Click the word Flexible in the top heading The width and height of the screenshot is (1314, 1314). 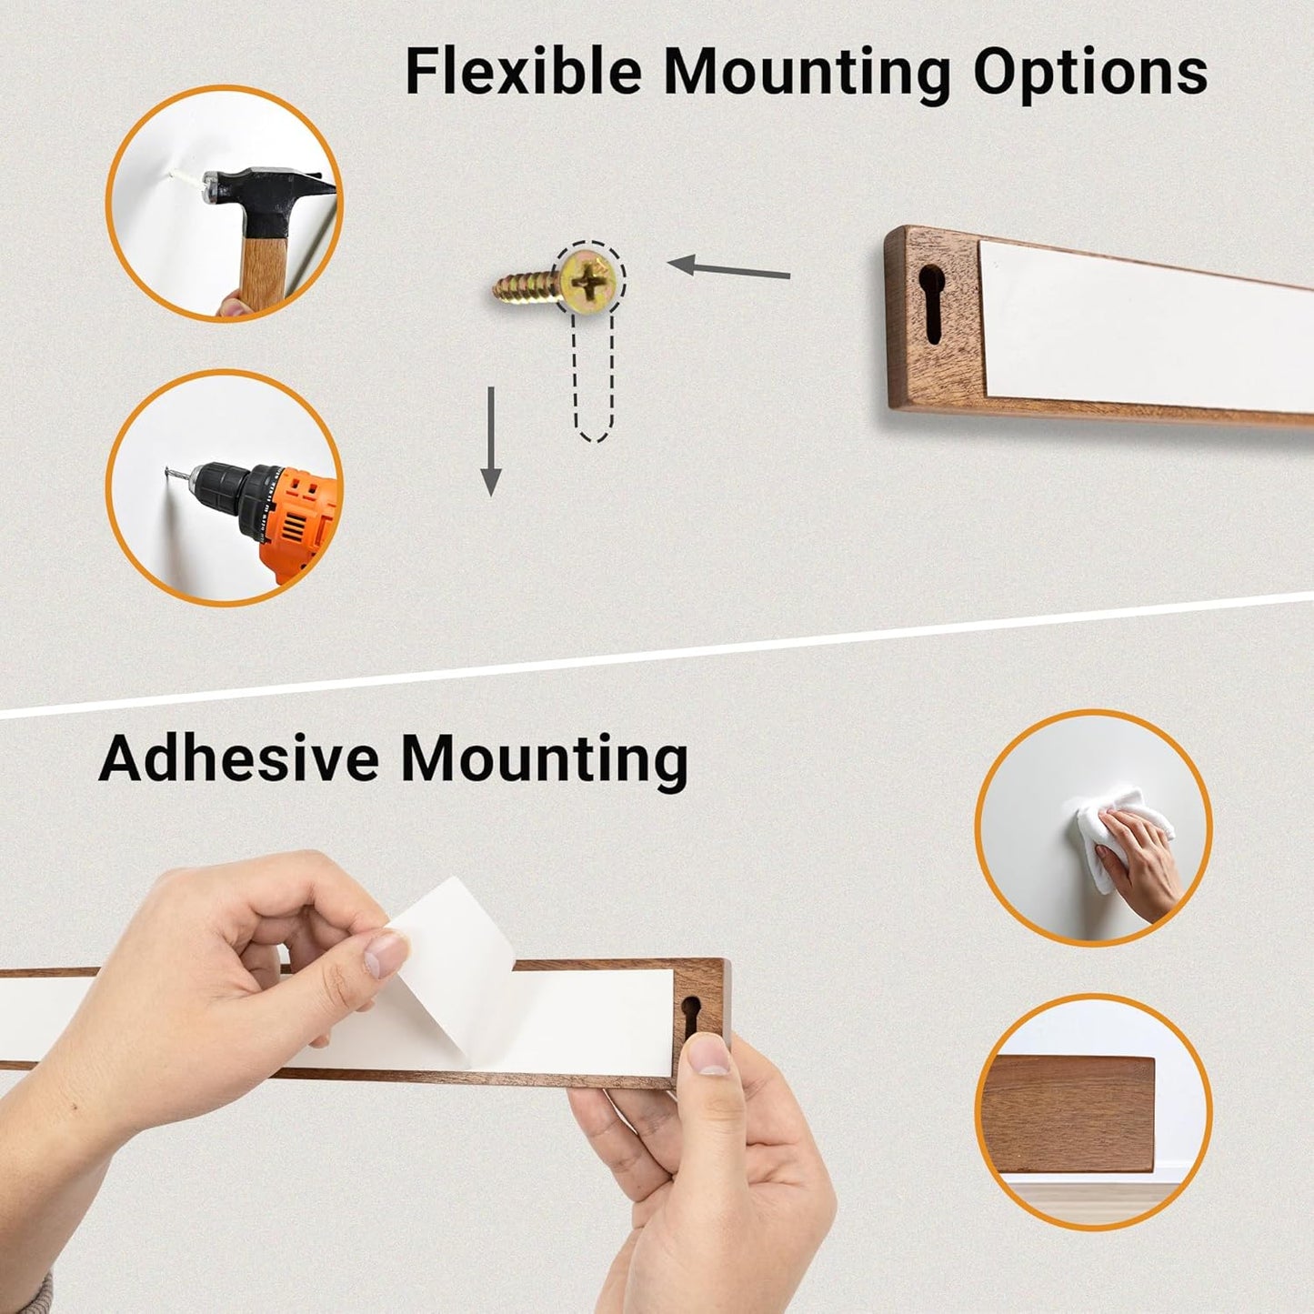click(523, 72)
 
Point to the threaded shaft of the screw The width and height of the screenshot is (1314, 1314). click(527, 286)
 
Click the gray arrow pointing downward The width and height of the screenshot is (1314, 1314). click(490, 441)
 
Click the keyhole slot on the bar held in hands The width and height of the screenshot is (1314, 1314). click(692, 1018)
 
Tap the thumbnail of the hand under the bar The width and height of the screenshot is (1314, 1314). click(708, 1054)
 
